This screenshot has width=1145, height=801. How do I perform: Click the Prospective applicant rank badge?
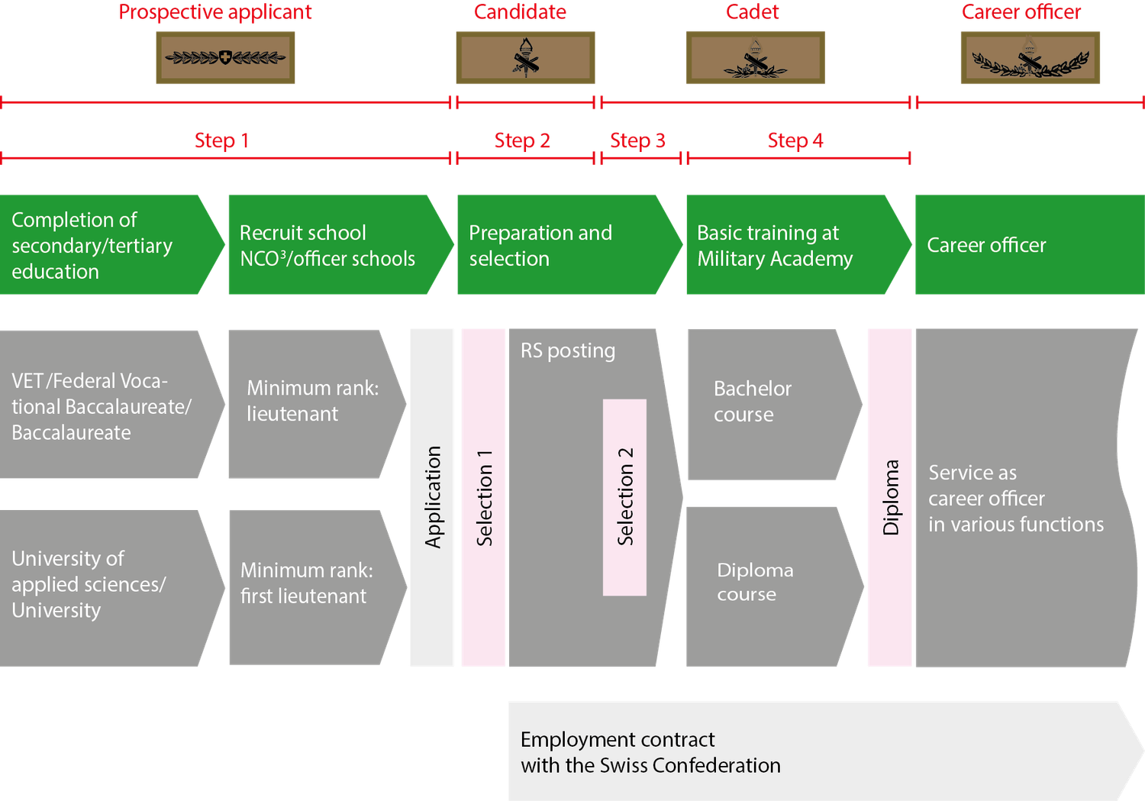225,57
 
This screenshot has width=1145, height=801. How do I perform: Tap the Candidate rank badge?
525,58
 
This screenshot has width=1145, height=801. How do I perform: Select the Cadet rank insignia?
755,58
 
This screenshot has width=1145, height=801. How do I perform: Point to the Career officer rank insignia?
1030,58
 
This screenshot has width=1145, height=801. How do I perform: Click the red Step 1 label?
221,140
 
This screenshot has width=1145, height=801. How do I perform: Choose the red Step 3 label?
637,140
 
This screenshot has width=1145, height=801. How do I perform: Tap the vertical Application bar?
432,497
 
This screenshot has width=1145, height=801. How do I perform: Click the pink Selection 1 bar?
483,497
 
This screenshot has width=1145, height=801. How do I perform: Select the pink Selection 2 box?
624,497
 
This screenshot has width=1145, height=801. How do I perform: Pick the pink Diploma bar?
890,497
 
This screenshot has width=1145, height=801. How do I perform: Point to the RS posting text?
568,350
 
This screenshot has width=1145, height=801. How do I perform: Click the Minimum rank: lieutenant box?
313,404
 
